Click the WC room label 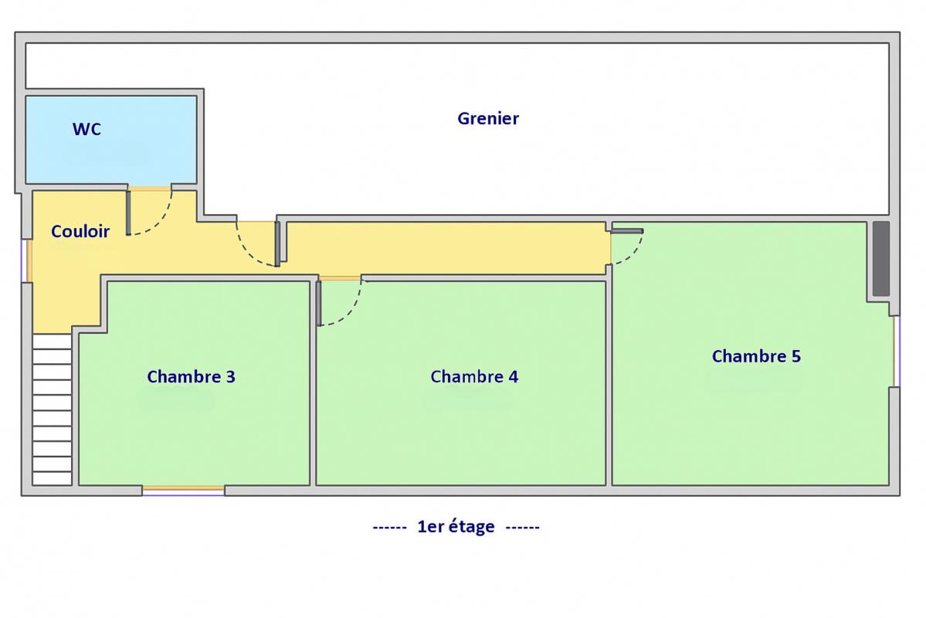click(86, 129)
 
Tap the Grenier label click(488, 118)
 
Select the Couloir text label click(80, 231)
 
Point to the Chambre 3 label click(191, 376)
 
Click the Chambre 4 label click(474, 376)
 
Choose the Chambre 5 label click(756, 356)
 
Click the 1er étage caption click(456, 526)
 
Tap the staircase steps click(52, 409)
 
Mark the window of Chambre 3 click(183, 489)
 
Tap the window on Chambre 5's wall click(896, 351)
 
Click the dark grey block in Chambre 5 click(881, 259)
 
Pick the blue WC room click(111, 140)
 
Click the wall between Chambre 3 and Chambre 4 click(313, 383)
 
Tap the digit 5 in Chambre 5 click(796, 356)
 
